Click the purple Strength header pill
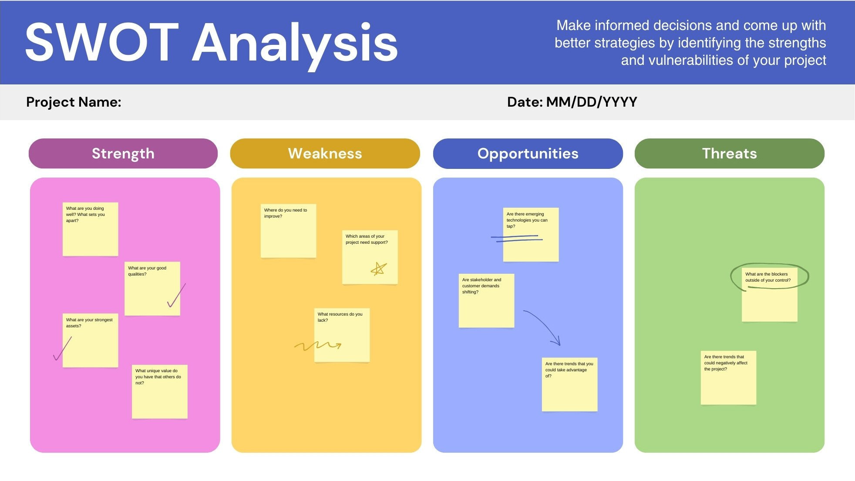point(123,153)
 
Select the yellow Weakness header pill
point(325,153)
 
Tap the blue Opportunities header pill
point(528,153)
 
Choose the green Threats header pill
point(730,153)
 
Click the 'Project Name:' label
point(74,102)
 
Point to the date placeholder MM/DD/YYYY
point(592,102)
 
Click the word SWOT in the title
point(102,43)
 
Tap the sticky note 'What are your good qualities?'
point(152,289)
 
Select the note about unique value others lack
point(160,392)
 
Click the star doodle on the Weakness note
point(379,269)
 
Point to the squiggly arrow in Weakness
point(318,346)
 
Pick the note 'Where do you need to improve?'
point(288,231)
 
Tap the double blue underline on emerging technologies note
point(517,239)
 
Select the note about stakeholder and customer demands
point(486,300)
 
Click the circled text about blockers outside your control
point(768,277)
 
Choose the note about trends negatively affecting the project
point(728,378)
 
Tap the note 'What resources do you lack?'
point(342,335)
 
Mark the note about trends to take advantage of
point(569,384)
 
